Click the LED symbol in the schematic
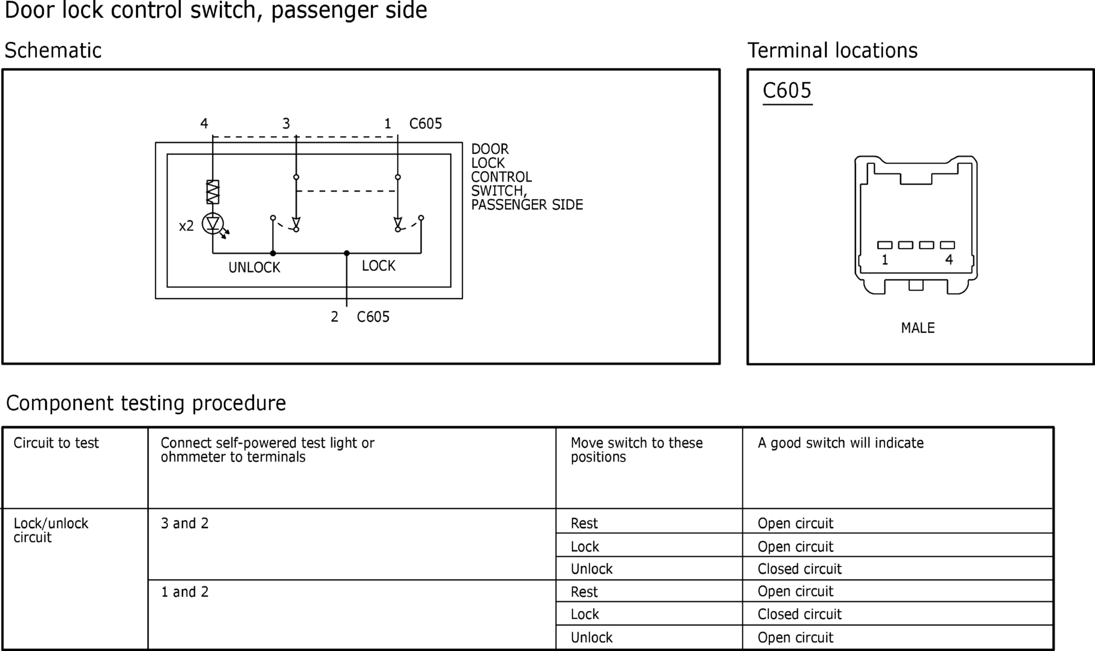(213, 224)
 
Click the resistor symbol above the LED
(212, 192)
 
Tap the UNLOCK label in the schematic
(254, 267)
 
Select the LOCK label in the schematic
(378, 266)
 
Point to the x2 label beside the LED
(186, 226)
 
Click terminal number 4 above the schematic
(204, 123)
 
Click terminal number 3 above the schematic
(286, 123)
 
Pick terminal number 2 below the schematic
(335, 317)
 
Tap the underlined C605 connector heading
(787, 91)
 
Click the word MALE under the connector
(918, 328)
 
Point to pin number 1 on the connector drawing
(885, 260)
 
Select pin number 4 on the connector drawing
(949, 260)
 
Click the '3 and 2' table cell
(185, 523)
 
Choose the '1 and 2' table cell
(185, 592)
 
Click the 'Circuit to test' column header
(56, 443)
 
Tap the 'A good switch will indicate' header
(841, 443)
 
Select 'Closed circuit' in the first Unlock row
(799, 569)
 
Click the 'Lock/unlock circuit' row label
(51, 530)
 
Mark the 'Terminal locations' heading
(832, 50)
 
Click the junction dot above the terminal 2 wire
(346, 253)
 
